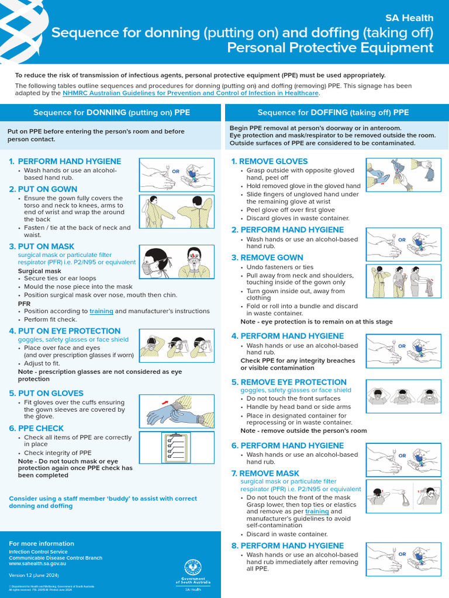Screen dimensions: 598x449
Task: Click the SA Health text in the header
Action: click(x=409, y=18)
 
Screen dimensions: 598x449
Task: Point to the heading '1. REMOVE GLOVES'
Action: click(x=269, y=162)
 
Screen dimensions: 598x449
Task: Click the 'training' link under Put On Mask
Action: click(x=101, y=311)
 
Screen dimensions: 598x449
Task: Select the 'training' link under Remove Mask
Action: click(x=316, y=512)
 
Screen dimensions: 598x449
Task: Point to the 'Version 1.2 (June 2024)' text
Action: click(x=33, y=575)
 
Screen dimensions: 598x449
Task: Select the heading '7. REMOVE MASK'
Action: click(x=265, y=473)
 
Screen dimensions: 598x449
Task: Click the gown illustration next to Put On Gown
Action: click(x=176, y=212)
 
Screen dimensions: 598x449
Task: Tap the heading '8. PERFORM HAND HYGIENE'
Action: click(x=287, y=546)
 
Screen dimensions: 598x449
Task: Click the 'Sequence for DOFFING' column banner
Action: click(x=333, y=113)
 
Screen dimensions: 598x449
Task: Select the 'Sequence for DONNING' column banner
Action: click(x=111, y=113)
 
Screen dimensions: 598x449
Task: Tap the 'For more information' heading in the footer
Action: click(x=42, y=544)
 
